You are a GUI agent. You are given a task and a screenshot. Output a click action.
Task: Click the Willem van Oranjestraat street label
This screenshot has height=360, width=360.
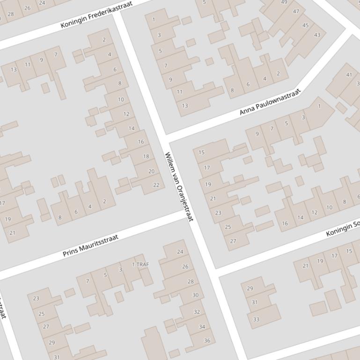tap(179, 187)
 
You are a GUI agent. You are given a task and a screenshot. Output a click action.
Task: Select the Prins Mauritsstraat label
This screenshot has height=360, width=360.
tap(91, 245)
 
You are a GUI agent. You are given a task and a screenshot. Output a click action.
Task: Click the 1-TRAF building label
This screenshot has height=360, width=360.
tap(140, 264)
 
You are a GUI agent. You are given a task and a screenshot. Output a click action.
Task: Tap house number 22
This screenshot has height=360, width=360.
tap(156, 185)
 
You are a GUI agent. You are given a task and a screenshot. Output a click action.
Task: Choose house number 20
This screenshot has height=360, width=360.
tap(151, 171)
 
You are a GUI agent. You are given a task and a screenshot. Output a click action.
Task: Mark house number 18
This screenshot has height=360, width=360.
tap(146, 157)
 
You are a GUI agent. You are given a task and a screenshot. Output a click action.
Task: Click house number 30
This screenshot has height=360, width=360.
tap(195, 295)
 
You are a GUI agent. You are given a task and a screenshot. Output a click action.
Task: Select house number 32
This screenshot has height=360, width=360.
tap(197, 312)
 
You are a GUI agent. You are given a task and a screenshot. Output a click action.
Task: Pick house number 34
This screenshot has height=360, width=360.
tap(202, 327)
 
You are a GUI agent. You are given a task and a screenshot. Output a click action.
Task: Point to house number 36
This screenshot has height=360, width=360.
tap(207, 340)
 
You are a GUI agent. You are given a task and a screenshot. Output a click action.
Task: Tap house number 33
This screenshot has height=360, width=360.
tap(256, 320)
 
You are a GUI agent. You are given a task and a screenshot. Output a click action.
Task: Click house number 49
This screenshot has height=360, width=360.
tap(284, 2)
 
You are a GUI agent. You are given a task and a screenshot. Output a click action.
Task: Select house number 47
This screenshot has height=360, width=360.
tap(296, 11)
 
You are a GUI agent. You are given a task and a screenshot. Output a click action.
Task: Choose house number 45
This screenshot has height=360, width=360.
tap(306, 25)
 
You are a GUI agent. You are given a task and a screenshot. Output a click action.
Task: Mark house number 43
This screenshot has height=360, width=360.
tap(317, 35)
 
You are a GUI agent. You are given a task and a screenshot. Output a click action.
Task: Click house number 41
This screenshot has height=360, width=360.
tap(349, 75)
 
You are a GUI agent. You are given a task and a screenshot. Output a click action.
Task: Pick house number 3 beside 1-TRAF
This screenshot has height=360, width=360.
tap(120, 269)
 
